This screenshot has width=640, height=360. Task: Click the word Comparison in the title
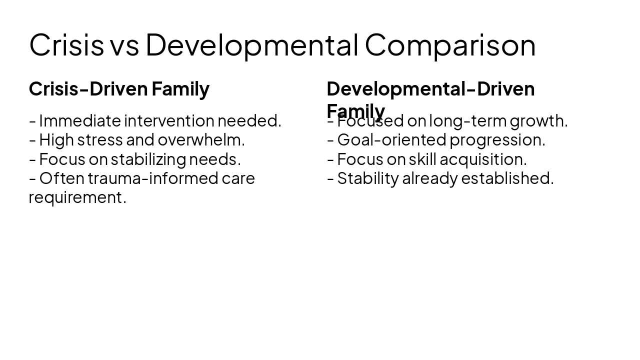point(450,45)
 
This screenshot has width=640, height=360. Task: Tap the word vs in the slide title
point(124,45)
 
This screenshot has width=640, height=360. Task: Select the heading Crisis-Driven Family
point(119,89)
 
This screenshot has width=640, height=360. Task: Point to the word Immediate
point(80,121)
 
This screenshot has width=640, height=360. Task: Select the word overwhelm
point(201,140)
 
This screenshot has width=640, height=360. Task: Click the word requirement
point(77,197)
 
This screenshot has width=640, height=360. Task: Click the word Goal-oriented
point(391,140)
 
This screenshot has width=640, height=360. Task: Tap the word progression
point(497,140)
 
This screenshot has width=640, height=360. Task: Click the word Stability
point(367,178)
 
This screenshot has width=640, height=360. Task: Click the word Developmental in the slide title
point(252,45)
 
